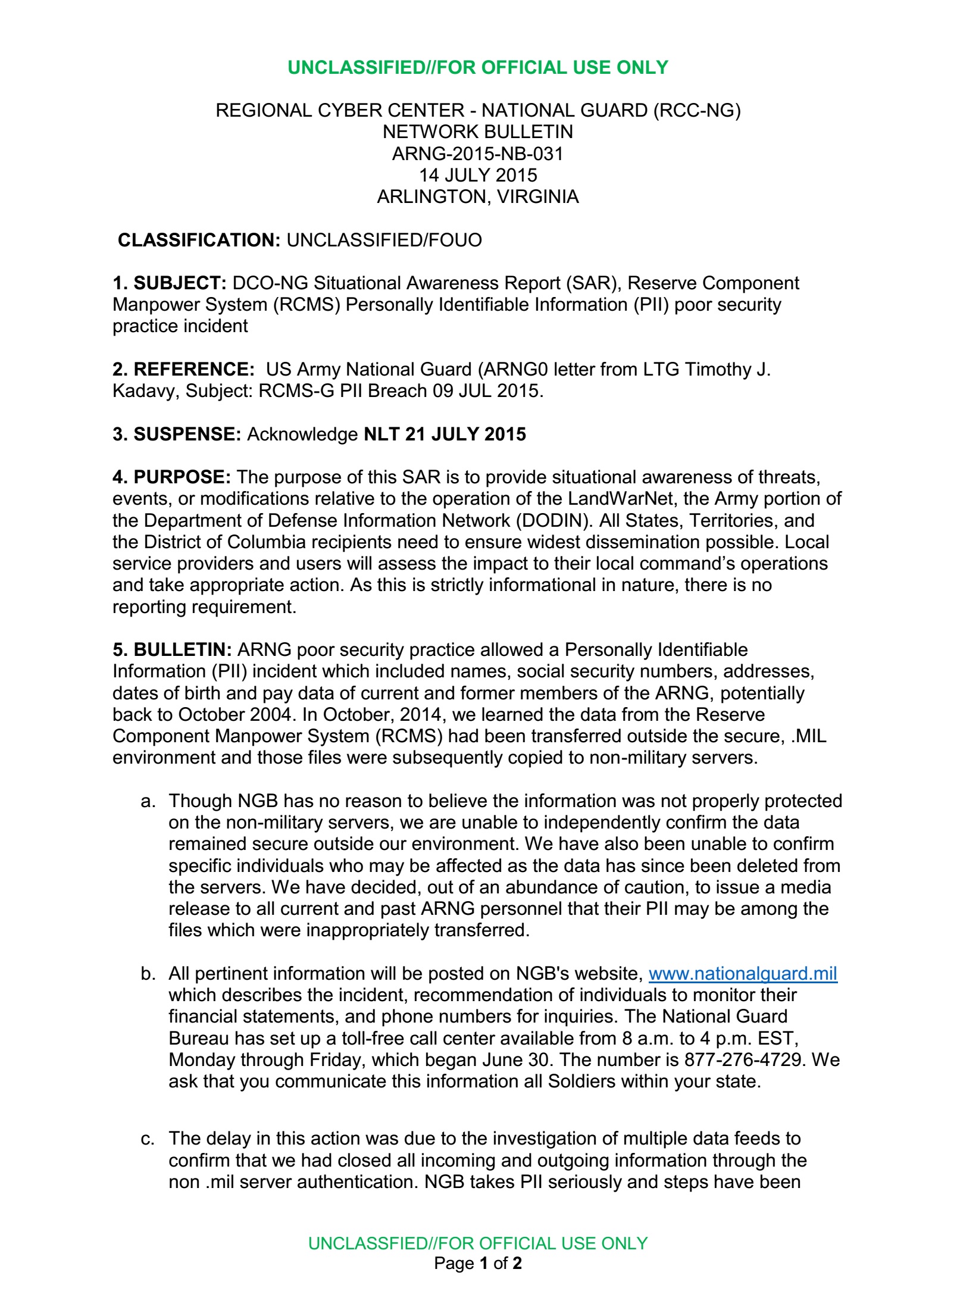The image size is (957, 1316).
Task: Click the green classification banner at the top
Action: point(478,67)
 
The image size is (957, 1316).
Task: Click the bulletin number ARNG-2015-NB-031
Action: point(478,154)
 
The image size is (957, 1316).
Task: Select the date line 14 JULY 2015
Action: point(478,175)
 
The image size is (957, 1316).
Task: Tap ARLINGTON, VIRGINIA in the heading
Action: point(478,196)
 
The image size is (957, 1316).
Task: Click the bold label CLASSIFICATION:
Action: point(199,240)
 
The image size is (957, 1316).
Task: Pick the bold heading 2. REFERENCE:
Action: point(183,369)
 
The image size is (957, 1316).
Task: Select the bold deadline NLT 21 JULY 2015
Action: point(445,434)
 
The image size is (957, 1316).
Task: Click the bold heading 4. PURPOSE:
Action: point(171,477)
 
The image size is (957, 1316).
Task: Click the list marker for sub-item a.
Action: point(148,801)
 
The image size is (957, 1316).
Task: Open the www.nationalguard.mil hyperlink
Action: point(743,974)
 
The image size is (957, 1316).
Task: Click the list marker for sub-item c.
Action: point(148,1139)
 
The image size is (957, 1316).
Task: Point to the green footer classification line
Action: point(478,1243)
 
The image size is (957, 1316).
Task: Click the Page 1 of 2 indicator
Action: point(478,1263)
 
